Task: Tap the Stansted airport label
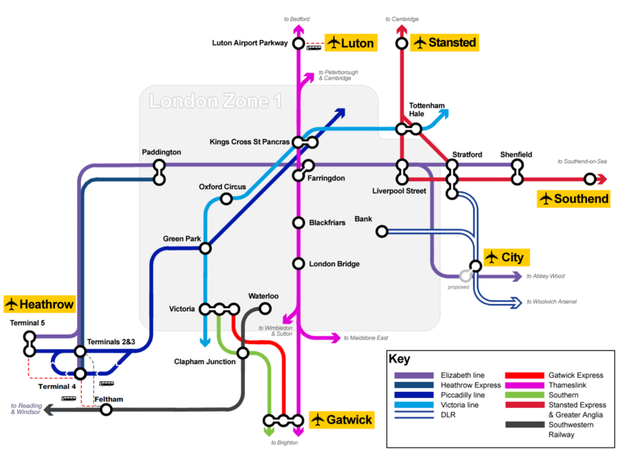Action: [x=443, y=42]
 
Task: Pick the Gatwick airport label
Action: [x=341, y=420]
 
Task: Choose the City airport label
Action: [x=506, y=256]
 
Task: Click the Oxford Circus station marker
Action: [x=226, y=199]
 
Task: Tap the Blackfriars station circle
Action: [x=298, y=223]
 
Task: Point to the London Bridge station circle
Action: [x=298, y=264]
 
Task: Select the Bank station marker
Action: [x=380, y=231]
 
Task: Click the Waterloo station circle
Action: [x=265, y=309]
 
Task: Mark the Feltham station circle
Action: [x=106, y=410]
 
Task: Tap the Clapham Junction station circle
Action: [x=243, y=353]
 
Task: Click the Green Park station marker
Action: [x=205, y=248]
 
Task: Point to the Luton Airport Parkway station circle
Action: [x=298, y=44]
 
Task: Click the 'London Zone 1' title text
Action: [x=216, y=101]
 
